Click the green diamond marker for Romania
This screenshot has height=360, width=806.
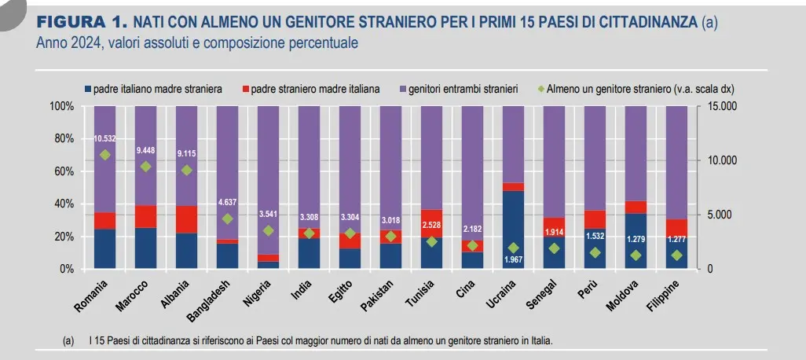[x=104, y=155]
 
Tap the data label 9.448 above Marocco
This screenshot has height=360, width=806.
[x=145, y=150]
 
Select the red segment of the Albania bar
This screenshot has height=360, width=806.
[x=186, y=219]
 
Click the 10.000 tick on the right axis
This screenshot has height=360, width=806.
[x=724, y=160]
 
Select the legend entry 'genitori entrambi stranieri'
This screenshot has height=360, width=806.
[x=463, y=89]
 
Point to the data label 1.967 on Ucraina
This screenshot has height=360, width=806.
[x=513, y=259]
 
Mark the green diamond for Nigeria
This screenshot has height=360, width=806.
[x=268, y=230]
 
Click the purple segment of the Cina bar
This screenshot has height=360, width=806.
[x=472, y=173]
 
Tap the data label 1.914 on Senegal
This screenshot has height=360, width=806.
[x=554, y=233]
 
